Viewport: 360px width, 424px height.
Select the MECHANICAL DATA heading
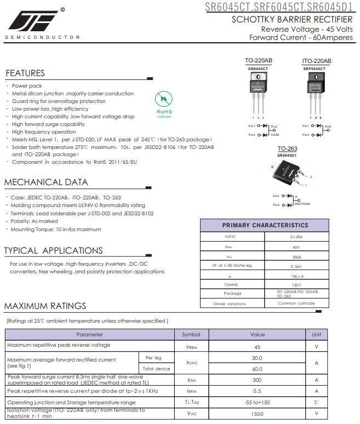click(x=46, y=182)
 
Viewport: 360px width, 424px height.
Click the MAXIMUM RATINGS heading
click(x=45, y=306)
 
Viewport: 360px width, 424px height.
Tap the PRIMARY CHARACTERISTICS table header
click(x=265, y=225)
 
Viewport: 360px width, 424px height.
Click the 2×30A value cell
click(x=296, y=237)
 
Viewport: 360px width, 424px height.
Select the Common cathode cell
click(x=296, y=303)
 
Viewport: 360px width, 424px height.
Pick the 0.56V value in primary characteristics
click(x=296, y=266)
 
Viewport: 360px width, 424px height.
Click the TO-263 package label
click(x=287, y=148)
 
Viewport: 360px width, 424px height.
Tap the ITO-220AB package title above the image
click(x=316, y=61)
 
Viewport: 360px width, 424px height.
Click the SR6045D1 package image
click(x=288, y=176)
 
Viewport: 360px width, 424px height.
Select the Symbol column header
click(x=191, y=334)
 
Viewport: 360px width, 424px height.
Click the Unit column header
click(x=316, y=334)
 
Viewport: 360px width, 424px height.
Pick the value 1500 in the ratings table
click(x=257, y=414)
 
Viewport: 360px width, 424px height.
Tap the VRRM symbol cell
click(x=191, y=347)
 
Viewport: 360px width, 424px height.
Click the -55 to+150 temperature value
click(x=257, y=402)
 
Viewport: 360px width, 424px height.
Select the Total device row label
click(x=156, y=369)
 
